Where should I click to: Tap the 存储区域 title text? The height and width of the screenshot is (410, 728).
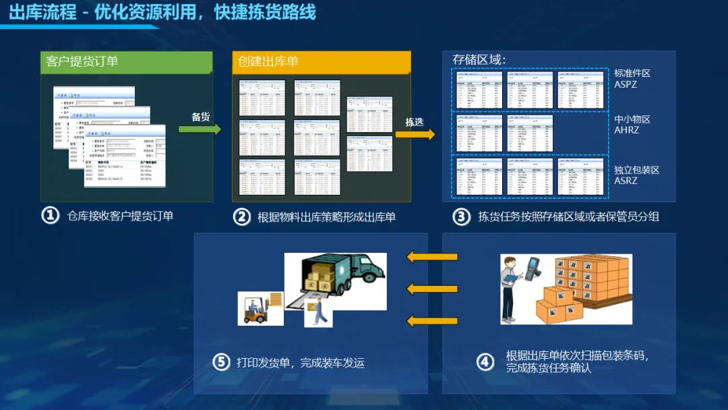click(x=479, y=59)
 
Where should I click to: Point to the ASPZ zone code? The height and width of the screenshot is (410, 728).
click(x=626, y=84)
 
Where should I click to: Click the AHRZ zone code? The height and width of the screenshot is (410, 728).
click(x=627, y=130)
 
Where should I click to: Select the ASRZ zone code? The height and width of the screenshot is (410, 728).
click(x=626, y=181)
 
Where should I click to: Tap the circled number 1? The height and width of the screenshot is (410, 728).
click(x=51, y=216)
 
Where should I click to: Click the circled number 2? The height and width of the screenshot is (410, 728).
click(x=242, y=216)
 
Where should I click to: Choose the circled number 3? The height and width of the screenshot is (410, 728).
click(x=461, y=216)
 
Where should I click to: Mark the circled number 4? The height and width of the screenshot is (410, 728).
click(x=485, y=362)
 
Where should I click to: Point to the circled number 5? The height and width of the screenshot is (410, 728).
click(x=222, y=362)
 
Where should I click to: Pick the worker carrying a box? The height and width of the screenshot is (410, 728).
click(x=320, y=311)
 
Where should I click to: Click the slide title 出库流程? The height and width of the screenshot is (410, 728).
click(x=42, y=12)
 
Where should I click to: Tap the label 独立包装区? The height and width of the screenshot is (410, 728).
click(x=636, y=170)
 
